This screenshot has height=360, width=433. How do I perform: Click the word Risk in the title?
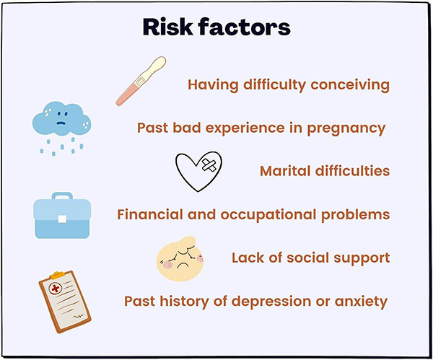(x=167, y=27)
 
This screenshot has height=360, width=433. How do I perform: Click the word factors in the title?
(x=245, y=27)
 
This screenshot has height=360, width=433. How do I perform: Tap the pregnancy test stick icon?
(x=141, y=82)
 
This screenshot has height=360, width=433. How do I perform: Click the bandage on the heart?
(x=209, y=166)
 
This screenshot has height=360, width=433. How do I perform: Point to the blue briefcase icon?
(x=62, y=216)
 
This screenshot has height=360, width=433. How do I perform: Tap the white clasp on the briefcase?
(x=62, y=219)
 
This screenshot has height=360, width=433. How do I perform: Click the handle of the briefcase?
(x=62, y=196)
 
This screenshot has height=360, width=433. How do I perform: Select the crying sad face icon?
(x=180, y=259)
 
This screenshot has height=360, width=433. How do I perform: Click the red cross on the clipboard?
(x=56, y=289)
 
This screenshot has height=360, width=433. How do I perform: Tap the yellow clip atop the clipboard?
(x=58, y=276)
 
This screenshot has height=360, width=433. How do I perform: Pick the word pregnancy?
(x=346, y=128)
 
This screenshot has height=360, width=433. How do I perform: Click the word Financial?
(x=149, y=214)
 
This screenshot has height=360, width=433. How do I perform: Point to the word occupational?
(x=268, y=215)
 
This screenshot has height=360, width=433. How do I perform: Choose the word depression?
(x=271, y=301)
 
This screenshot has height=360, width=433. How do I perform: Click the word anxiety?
(x=362, y=302)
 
